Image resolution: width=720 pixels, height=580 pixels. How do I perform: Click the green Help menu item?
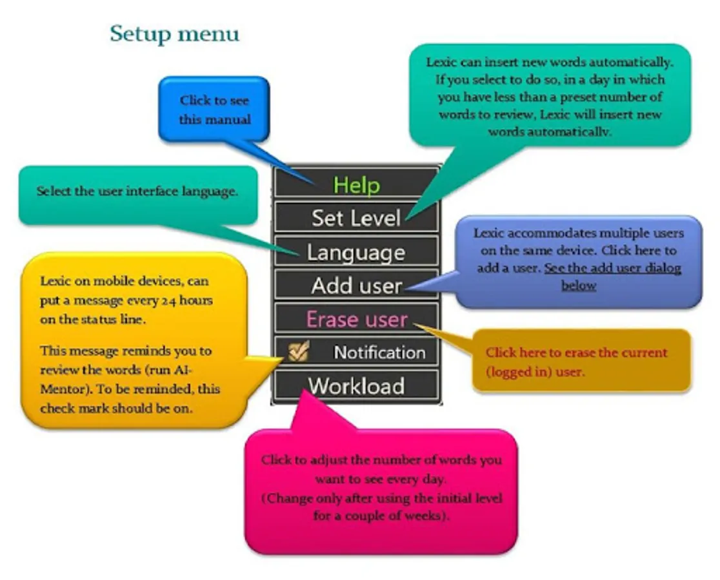[x=356, y=185]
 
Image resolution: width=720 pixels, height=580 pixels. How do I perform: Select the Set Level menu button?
[x=356, y=218]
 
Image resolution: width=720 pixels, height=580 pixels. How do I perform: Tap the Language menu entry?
[x=356, y=252]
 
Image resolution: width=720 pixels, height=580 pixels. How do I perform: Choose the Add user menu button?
[x=356, y=285]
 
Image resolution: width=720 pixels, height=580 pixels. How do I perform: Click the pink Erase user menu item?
[x=356, y=319]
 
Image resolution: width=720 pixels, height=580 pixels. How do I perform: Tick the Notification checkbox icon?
[x=299, y=351]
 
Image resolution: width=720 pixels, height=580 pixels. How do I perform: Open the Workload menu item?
[x=356, y=386]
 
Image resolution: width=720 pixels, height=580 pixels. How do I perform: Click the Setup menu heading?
[x=174, y=34]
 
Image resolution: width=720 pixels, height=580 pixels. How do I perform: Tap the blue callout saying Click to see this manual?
[x=214, y=110]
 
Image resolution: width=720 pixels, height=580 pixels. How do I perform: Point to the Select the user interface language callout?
[x=137, y=191]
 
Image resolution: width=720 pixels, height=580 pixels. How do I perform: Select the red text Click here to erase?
[x=576, y=353]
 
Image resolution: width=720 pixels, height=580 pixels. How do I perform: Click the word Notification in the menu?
[x=379, y=353]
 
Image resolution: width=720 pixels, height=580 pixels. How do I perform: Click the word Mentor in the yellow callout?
[x=60, y=389]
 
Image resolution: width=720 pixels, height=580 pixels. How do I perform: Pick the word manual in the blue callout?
[x=232, y=119]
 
